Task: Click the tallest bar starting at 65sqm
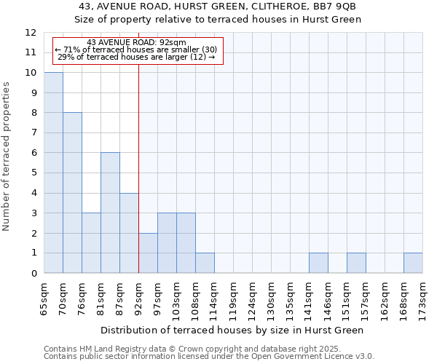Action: coord(53,173)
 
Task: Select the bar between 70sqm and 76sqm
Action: coord(72,193)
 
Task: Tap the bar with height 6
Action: coord(110,213)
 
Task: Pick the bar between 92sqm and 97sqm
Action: coord(148,253)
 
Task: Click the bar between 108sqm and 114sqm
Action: coord(205,263)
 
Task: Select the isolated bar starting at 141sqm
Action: coord(318,263)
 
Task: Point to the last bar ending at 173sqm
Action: coord(413,263)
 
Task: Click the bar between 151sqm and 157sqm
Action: coord(356,263)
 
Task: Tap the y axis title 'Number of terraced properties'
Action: coord(7,157)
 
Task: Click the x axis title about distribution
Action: coord(232,330)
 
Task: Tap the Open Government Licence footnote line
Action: coord(208,356)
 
